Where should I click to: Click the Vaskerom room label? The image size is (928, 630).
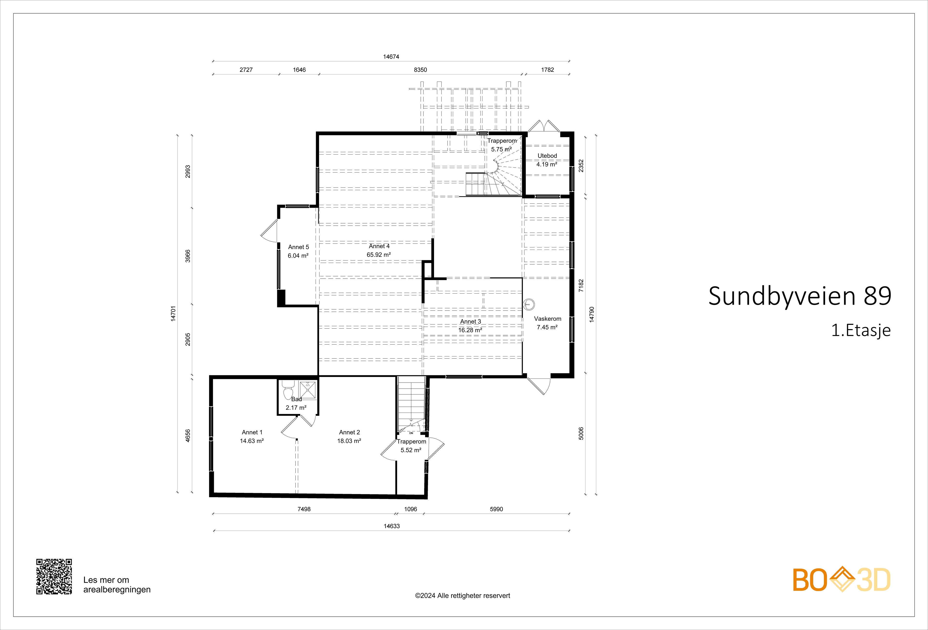coord(547,319)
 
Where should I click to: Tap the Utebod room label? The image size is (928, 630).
coord(547,156)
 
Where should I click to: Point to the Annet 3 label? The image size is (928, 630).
coord(470,322)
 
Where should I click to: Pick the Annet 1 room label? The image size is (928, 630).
coord(252,432)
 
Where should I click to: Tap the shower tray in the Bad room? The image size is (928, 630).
coord(307,390)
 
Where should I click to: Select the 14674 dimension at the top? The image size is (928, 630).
coord(391,57)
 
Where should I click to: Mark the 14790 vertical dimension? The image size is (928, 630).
coord(592,314)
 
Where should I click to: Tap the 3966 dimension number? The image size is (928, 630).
coord(188,256)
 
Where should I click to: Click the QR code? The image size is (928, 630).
coord(54,577)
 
